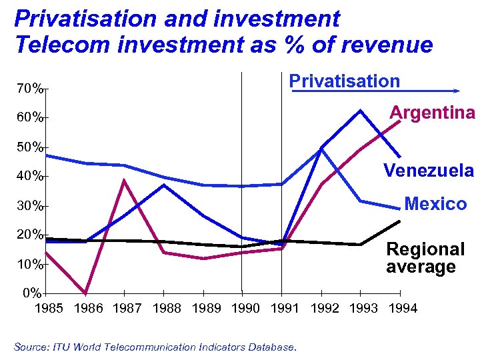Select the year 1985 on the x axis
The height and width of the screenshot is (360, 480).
(49, 308)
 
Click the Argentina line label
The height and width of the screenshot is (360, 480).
(432, 112)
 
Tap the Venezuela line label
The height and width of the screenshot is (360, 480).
(428, 171)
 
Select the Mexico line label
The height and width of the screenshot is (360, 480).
(435, 204)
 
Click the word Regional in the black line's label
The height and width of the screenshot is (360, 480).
(425, 250)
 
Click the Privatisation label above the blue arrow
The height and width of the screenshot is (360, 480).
(344, 81)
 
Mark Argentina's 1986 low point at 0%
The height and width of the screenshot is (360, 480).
(85, 293)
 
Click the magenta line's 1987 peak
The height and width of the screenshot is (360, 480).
(124, 181)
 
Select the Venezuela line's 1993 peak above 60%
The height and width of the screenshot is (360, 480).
(361, 110)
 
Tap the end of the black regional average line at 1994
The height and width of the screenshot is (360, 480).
(399, 221)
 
